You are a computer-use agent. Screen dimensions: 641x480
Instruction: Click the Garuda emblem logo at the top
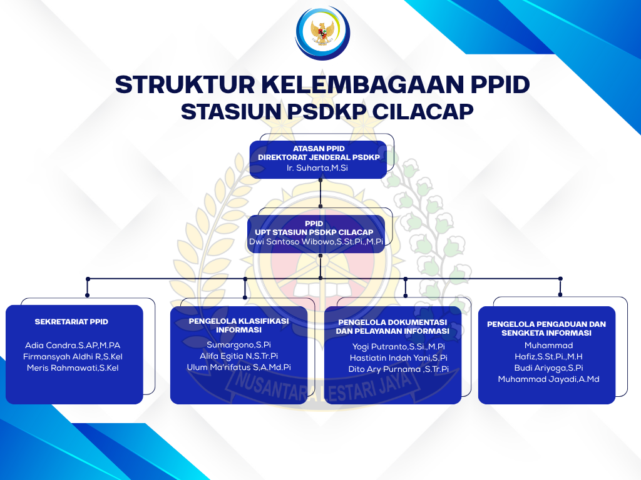(x=322, y=32)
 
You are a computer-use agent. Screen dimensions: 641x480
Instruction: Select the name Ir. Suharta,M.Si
(x=317, y=167)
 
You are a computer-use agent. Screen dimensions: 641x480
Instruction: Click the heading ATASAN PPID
(x=319, y=149)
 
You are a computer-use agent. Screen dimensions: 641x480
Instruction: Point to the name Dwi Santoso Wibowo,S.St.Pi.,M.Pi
(x=316, y=242)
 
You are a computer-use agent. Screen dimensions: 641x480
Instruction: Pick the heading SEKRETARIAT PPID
(x=71, y=322)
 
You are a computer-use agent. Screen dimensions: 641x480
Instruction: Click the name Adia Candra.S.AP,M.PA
(x=73, y=345)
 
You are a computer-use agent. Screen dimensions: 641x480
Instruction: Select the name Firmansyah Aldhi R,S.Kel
(x=73, y=357)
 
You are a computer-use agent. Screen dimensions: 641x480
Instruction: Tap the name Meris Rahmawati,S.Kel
(x=73, y=367)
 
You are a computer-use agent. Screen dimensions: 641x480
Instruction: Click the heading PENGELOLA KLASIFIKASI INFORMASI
(x=238, y=325)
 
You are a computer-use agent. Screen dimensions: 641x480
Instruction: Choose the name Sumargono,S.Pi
(x=238, y=345)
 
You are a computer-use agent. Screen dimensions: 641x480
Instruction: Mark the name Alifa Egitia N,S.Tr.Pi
(x=238, y=356)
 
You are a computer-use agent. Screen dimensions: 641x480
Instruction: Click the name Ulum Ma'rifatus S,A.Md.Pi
(x=238, y=367)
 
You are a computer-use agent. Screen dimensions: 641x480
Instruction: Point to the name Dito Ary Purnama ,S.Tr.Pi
(x=399, y=369)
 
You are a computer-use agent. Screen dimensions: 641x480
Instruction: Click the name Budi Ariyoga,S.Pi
(x=548, y=367)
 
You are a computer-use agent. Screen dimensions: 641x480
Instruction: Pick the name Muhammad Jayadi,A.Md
(x=548, y=379)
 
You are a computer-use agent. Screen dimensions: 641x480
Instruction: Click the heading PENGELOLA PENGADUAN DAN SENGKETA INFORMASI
(x=546, y=329)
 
